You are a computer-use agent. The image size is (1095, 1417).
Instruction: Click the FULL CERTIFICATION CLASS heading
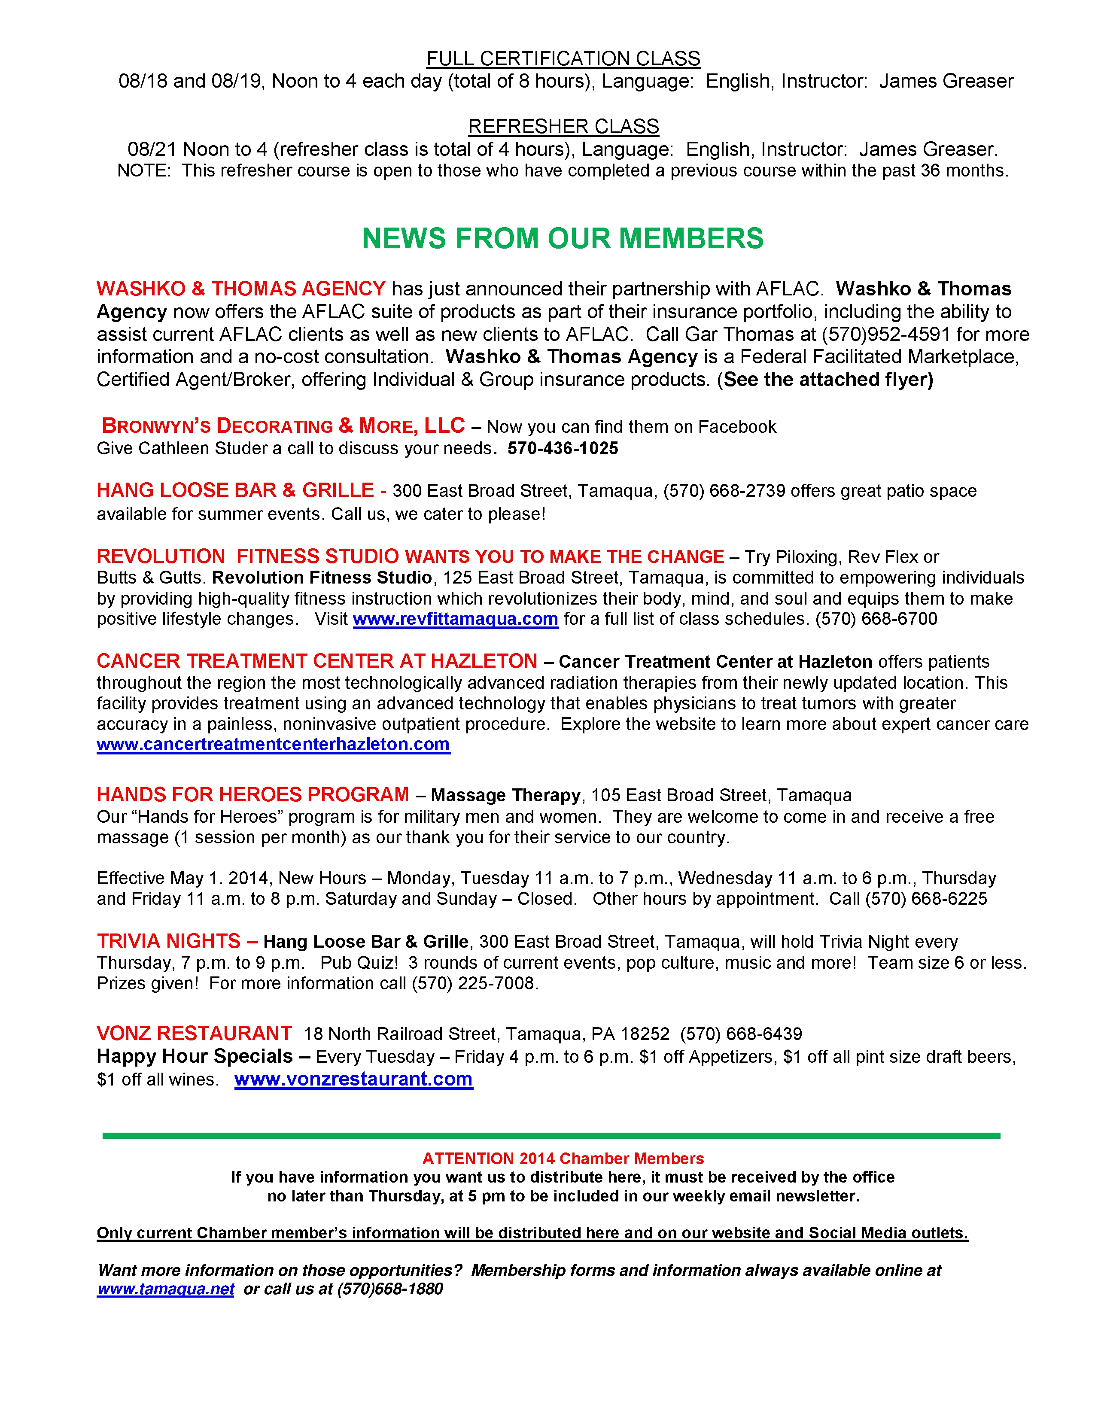(x=563, y=58)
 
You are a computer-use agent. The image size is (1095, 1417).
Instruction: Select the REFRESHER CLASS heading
(x=563, y=127)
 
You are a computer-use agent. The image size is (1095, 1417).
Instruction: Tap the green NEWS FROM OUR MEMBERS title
(x=563, y=238)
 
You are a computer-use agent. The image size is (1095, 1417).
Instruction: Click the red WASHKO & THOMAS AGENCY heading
(x=240, y=289)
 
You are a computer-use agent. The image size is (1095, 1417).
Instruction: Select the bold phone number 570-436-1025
(x=563, y=448)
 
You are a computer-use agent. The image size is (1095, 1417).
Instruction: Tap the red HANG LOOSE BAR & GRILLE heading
(x=235, y=490)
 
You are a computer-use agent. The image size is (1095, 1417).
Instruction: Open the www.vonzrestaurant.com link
(x=353, y=1079)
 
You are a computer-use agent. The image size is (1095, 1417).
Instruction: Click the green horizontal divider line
(x=551, y=1135)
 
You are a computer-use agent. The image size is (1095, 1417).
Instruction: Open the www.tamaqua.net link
(x=165, y=1289)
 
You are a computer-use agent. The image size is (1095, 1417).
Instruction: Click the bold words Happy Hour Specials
(x=195, y=1056)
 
